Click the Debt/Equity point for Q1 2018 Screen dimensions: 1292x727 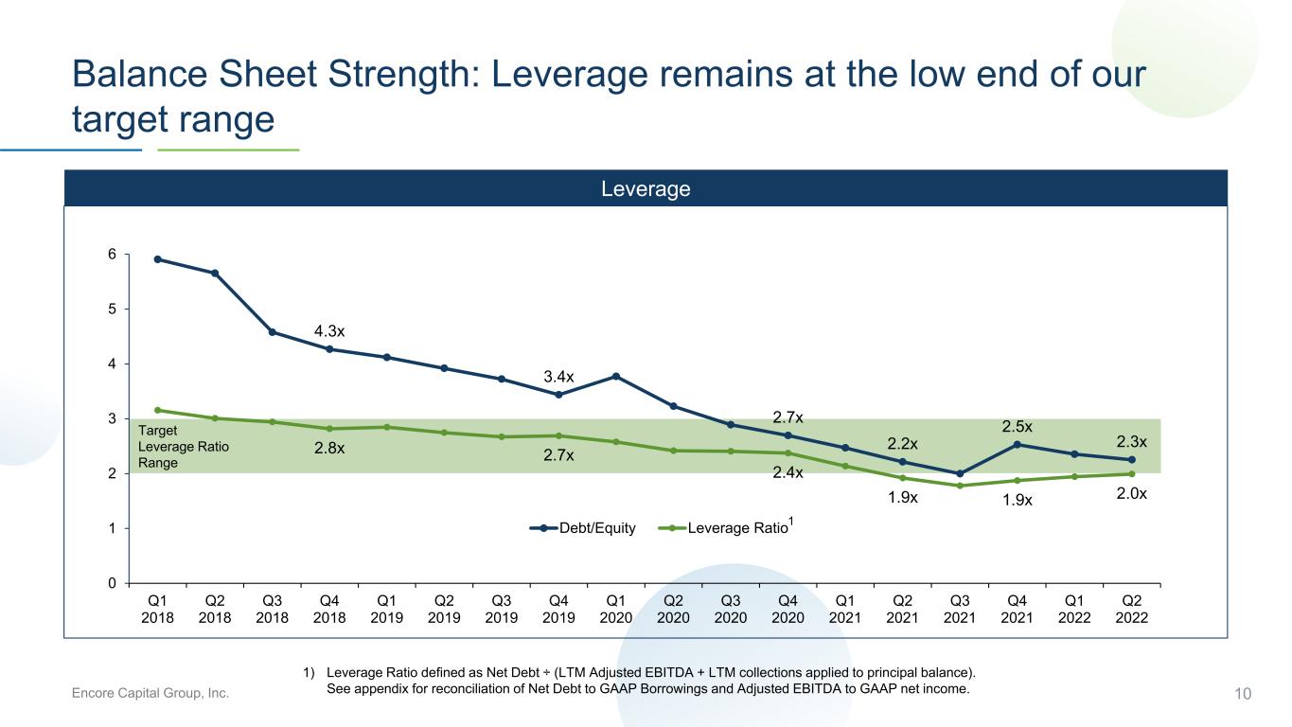pos(157,259)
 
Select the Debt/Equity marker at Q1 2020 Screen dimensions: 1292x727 pos(616,376)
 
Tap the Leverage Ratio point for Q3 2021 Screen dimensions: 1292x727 pos(960,486)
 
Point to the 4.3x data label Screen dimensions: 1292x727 pos(329,331)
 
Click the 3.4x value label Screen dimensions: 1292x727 pos(558,377)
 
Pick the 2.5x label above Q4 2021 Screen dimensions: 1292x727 pos(1017,426)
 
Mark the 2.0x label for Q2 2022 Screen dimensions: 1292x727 pos(1132,493)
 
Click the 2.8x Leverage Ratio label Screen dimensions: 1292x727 pos(329,448)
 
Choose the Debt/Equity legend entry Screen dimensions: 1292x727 pos(582,528)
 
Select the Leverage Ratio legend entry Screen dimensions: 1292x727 pos(726,526)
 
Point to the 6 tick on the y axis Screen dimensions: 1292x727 pos(112,254)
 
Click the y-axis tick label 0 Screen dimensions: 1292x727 pos(112,583)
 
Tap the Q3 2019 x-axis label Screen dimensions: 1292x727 pos(502,610)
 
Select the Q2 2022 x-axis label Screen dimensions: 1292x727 pos(1132,610)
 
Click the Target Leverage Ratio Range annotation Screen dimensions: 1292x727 pos(184,447)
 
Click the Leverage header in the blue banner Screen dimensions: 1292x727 pos(646,188)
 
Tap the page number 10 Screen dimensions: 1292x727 pos(1243,694)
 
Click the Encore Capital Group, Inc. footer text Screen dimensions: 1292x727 pos(150,693)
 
